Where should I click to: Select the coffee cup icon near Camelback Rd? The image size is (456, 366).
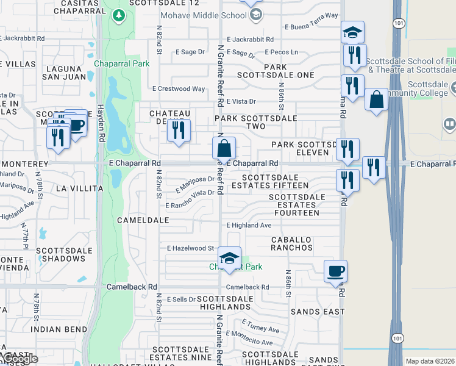335,271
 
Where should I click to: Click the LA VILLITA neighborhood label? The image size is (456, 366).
79,189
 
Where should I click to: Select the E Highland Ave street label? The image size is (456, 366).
249,225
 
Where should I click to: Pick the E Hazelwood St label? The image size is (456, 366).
190,248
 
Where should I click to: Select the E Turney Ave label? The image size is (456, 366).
260,326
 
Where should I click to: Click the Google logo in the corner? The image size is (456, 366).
20,359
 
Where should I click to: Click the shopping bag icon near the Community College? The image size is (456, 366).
377,98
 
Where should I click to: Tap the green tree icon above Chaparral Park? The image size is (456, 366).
118,15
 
